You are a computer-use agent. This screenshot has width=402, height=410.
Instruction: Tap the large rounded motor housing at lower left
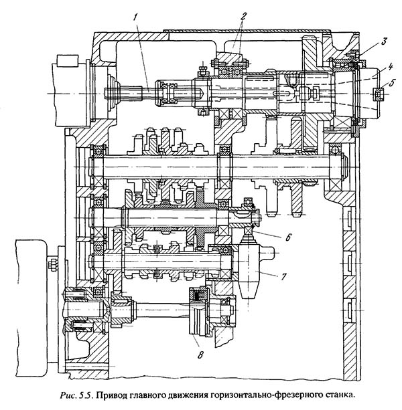(x=27, y=295)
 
